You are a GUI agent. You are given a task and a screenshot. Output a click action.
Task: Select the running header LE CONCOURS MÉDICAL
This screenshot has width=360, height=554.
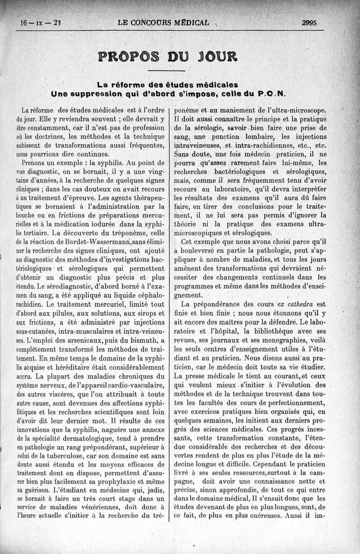click(163, 23)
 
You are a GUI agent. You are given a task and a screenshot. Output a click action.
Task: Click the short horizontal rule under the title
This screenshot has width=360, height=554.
click(166, 71)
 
